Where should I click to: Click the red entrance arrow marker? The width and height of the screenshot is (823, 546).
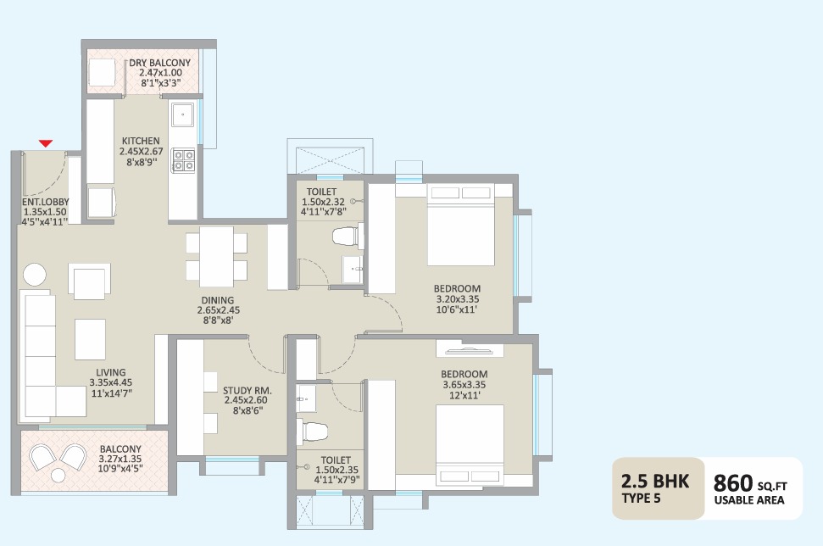coord(46,144)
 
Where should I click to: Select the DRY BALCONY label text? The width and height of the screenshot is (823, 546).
coord(159,63)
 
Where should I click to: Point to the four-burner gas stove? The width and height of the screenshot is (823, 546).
coord(183,160)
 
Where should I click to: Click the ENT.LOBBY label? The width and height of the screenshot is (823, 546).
coord(45,202)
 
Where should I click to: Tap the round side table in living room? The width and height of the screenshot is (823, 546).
coord(36,275)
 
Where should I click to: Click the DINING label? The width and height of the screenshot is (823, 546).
coord(217,300)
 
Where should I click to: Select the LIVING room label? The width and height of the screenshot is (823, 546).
coord(111,372)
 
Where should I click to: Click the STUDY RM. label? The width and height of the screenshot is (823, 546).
coord(246,391)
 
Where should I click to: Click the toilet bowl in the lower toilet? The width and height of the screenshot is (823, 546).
coord(313,430)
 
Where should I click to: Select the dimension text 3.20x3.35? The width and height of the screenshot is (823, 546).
coord(458,299)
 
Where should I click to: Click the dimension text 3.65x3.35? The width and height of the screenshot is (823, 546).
coord(464,385)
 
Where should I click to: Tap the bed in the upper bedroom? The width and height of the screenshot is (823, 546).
coord(460,225)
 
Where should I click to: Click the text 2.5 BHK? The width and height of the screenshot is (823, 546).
coord(656,482)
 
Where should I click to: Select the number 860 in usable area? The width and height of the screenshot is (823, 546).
coord(734,483)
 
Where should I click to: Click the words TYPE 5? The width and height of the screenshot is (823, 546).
coord(643,499)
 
